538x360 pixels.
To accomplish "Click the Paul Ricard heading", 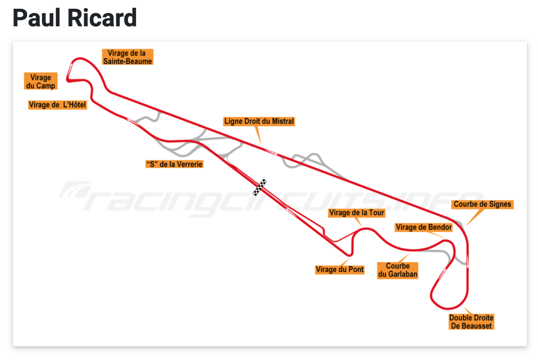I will tap(75, 18).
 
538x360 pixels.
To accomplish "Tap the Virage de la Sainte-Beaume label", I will tap(127, 57).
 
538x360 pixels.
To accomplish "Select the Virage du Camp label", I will tap(41, 82).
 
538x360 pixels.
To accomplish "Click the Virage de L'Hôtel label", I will tap(58, 105).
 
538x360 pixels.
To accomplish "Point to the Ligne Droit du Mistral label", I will tap(259, 121).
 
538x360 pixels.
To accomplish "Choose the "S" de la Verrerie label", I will tap(175, 164).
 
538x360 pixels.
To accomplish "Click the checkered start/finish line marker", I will tap(260, 187).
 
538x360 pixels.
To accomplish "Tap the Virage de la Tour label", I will tap(357, 213).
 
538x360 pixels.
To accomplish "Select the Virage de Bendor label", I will tap(424, 227).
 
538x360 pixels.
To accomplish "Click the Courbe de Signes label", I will tap(482, 204).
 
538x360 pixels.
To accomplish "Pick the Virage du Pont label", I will tap(340, 270).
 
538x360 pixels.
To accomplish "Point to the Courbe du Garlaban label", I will tap(398, 270).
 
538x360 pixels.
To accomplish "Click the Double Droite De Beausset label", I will tap(471, 322).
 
